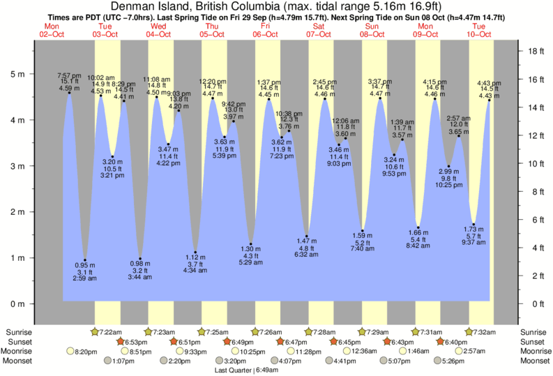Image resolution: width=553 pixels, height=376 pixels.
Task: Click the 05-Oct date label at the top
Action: coord(213,33)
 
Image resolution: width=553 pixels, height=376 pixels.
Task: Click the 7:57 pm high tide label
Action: coord(69,75)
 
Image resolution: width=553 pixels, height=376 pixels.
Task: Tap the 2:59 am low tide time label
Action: coord(85,278)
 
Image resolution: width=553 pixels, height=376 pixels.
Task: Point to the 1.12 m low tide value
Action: coord(196,257)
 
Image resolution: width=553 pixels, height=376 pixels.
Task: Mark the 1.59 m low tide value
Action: coord(362,234)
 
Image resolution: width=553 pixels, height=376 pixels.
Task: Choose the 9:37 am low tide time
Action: coord(473,243)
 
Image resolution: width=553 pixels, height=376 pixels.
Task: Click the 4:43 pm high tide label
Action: coord(489,84)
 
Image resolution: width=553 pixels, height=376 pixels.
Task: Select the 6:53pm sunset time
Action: coord(139,342)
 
